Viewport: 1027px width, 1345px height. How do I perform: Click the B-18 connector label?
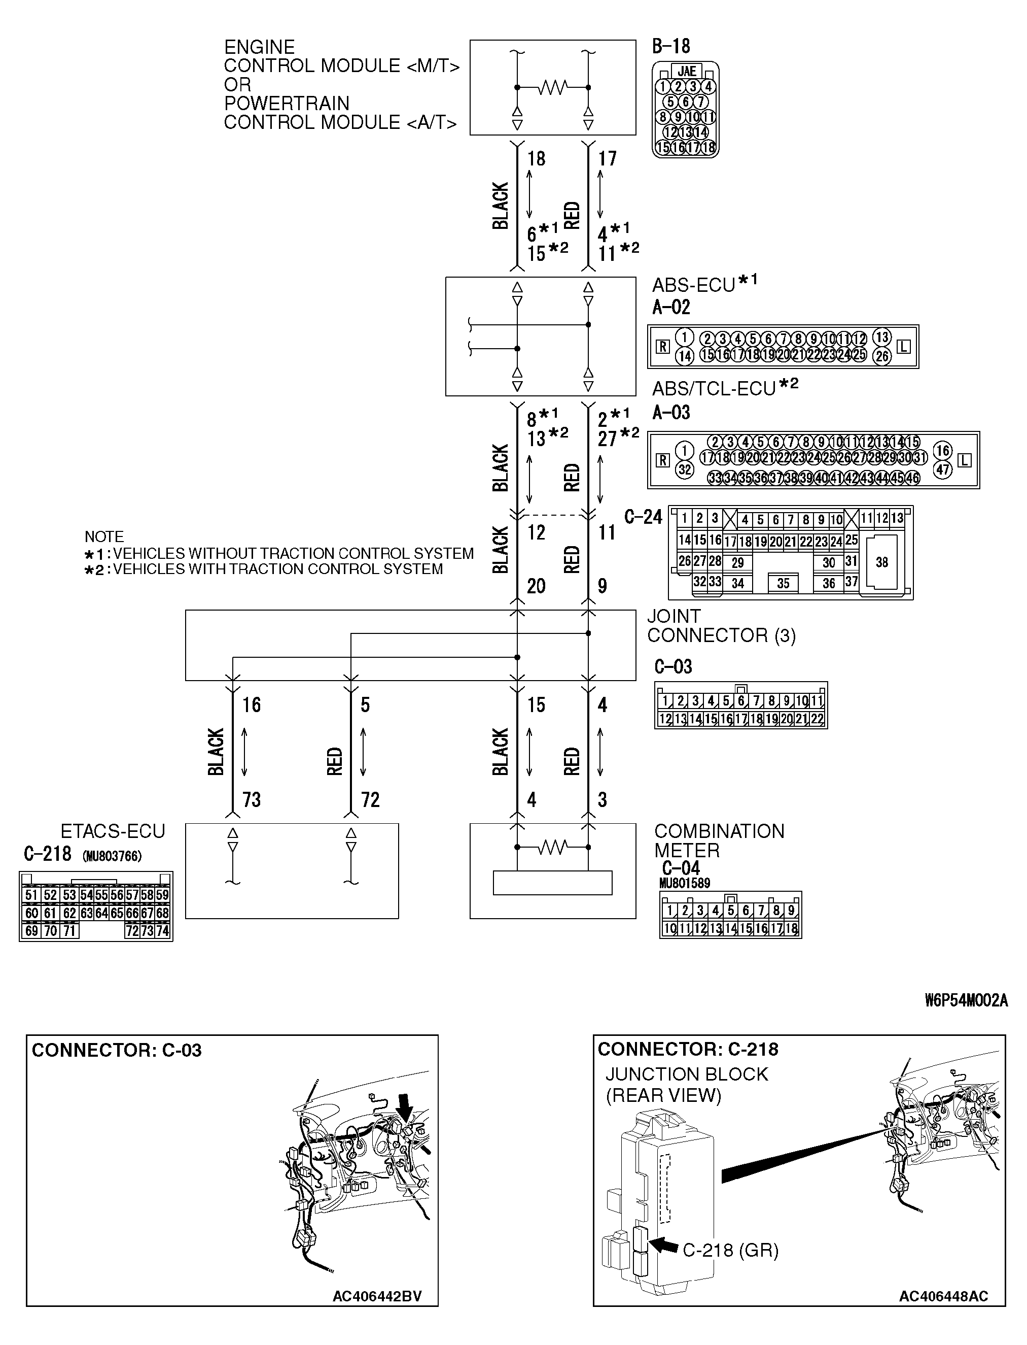point(670,47)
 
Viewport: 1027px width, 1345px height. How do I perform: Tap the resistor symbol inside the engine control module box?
point(553,88)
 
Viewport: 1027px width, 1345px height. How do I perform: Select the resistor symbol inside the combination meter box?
point(553,847)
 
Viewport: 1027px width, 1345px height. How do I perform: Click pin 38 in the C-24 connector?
point(881,562)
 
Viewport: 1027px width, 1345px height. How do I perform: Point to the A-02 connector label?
point(670,307)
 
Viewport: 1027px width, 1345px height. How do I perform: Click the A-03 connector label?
point(670,412)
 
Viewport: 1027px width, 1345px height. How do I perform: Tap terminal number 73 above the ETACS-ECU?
point(251,799)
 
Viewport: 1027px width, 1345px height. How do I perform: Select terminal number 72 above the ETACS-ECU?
point(370,799)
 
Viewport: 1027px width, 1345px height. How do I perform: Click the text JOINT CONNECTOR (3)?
point(721,626)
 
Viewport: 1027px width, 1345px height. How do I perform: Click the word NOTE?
point(104,536)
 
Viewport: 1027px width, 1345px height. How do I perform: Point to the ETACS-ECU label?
point(113,831)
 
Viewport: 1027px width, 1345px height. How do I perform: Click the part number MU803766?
point(112,856)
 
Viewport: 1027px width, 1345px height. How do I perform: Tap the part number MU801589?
point(685,883)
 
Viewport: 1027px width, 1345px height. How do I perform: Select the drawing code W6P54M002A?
point(966,1001)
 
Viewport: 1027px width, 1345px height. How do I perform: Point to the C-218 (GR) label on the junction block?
point(730,1250)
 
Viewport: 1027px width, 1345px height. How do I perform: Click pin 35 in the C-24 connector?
point(783,584)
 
